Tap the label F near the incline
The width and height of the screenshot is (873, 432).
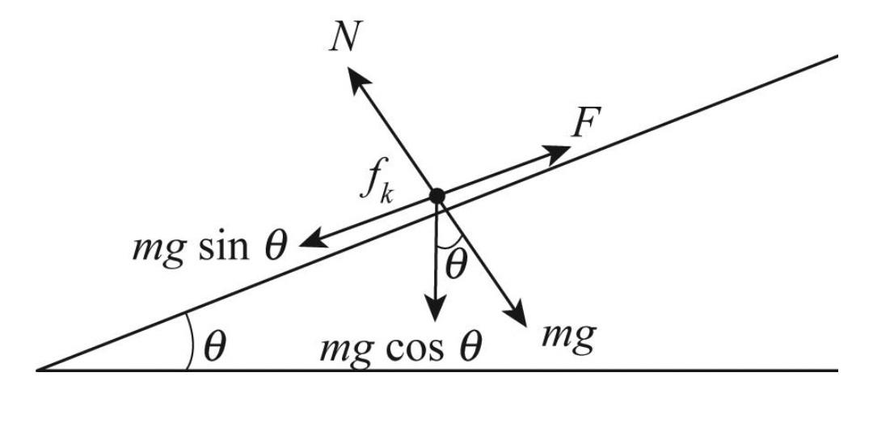point(584,124)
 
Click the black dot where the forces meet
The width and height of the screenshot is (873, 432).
point(437,195)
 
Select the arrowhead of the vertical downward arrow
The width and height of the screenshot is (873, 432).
point(436,308)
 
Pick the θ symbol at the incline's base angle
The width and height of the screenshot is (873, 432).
point(213,347)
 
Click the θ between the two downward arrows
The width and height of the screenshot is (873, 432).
point(456,265)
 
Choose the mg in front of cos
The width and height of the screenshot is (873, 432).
point(344,349)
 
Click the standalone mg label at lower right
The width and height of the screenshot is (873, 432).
point(569,333)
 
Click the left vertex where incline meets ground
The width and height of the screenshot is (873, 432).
point(38,370)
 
